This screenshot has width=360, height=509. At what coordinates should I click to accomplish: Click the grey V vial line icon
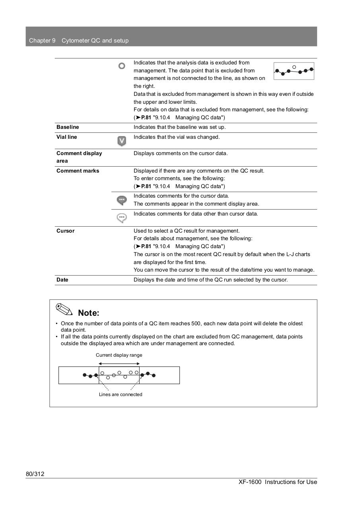122,141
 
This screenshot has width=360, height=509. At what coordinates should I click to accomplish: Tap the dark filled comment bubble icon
122,200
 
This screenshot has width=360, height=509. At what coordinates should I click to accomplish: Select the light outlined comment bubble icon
122,218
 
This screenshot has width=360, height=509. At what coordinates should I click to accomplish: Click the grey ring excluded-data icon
122,66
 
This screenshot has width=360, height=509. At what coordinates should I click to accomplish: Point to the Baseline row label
68,127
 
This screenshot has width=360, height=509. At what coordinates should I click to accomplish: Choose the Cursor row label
65,231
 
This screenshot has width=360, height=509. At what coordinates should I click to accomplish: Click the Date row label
62,280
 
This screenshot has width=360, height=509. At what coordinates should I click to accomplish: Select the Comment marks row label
78,171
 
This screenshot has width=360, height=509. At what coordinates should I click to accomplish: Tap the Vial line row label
67,137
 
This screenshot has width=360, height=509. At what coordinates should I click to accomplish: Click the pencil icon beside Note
64,309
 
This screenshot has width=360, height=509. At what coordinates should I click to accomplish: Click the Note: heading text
88,313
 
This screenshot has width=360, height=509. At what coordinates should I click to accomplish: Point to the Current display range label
119,355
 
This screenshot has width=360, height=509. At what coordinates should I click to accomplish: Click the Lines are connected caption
121,394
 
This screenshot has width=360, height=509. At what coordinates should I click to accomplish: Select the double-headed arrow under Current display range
119,363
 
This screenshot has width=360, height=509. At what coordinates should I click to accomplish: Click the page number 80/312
35,474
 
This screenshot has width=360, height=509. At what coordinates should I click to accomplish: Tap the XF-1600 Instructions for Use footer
278,482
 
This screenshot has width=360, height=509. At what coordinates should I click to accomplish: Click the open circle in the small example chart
294,67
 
